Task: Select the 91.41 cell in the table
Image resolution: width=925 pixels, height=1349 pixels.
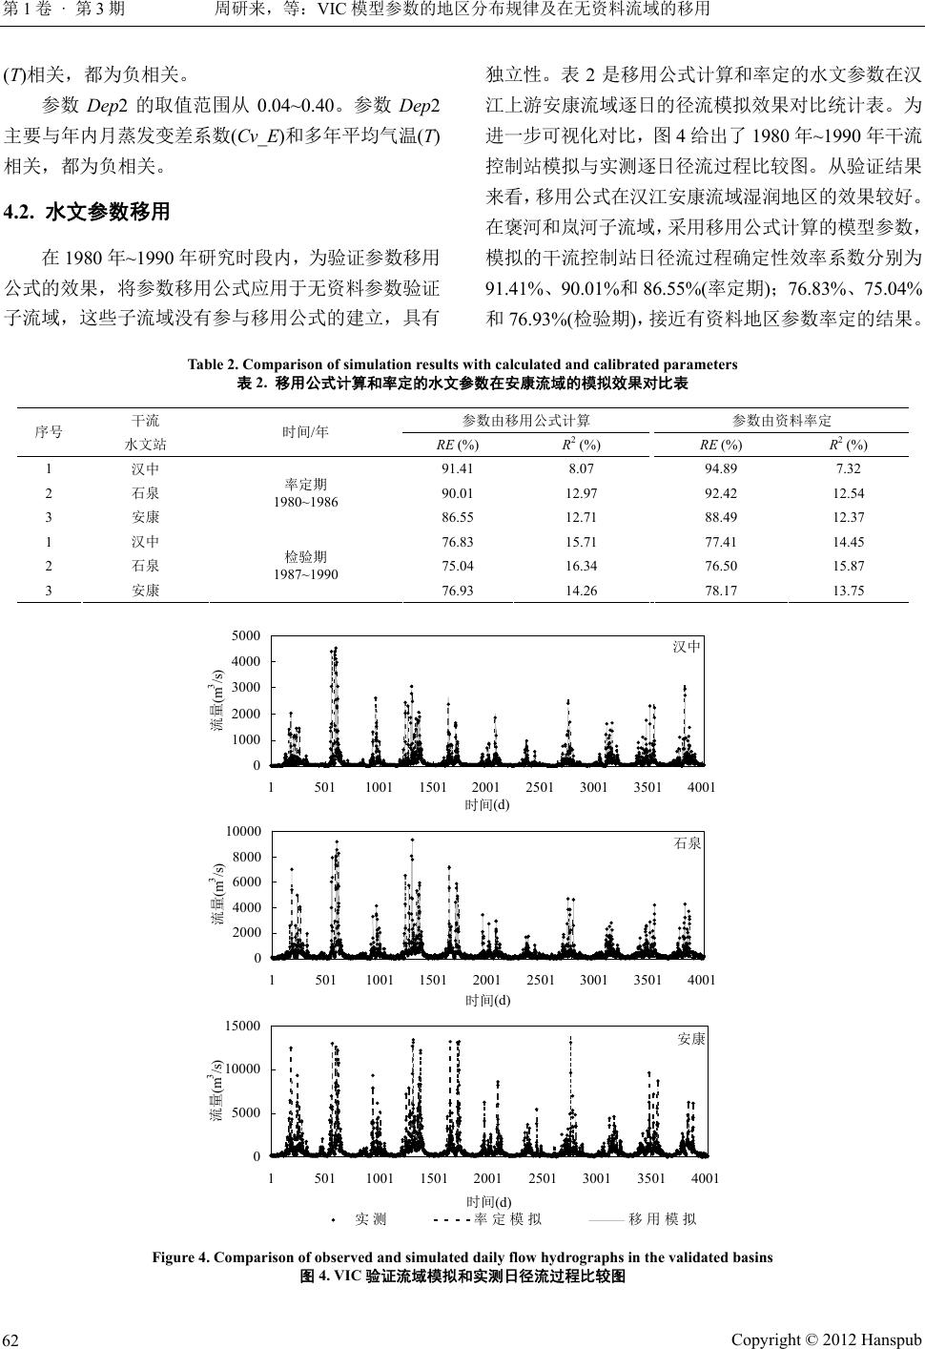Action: tap(456, 468)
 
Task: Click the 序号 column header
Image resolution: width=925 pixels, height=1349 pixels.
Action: tap(49, 431)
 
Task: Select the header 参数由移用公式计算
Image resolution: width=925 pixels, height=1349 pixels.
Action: tap(525, 421)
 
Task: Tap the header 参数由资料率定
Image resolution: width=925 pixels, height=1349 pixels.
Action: tap(782, 421)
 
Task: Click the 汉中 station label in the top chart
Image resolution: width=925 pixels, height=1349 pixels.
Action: tap(687, 647)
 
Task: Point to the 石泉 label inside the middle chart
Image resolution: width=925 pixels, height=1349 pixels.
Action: tap(688, 843)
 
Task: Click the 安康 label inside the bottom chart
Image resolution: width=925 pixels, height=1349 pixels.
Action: tap(690, 1040)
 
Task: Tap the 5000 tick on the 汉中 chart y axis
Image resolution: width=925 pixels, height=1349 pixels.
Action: tap(246, 634)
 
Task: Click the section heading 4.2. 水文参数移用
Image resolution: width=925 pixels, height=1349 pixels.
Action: tap(88, 212)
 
